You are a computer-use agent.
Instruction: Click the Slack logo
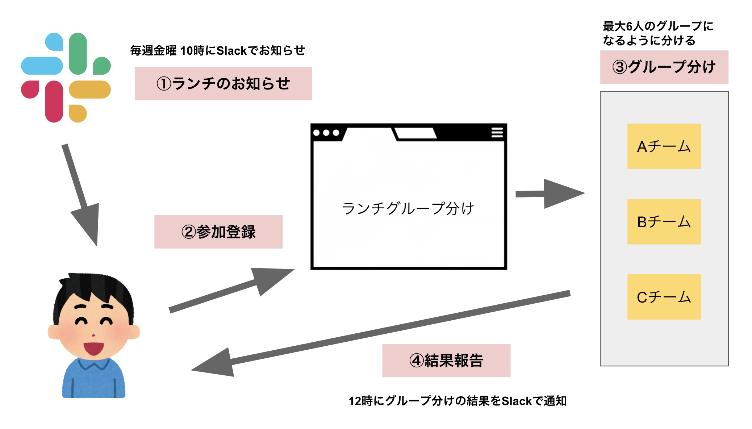(66, 78)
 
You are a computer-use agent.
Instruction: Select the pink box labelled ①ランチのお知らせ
(223, 84)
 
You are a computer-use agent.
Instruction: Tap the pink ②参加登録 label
(218, 232)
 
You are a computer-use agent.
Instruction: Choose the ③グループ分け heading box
(664, 67)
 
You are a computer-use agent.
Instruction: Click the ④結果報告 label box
(446, 361)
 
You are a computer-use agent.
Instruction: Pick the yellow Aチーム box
(664, 146)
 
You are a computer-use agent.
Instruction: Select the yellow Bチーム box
(664, 222)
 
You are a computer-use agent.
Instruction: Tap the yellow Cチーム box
(664, 297)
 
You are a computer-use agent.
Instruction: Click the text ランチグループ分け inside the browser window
(408, 209)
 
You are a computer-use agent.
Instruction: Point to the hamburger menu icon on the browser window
(497, 133)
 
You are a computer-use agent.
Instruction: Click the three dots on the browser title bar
(326, 133)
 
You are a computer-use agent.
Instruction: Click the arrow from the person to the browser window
(232, 290)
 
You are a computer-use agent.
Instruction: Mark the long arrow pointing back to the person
(380, 332)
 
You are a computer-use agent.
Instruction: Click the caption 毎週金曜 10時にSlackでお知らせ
(217, 51)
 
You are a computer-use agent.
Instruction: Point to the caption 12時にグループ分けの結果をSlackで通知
(457, 401)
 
